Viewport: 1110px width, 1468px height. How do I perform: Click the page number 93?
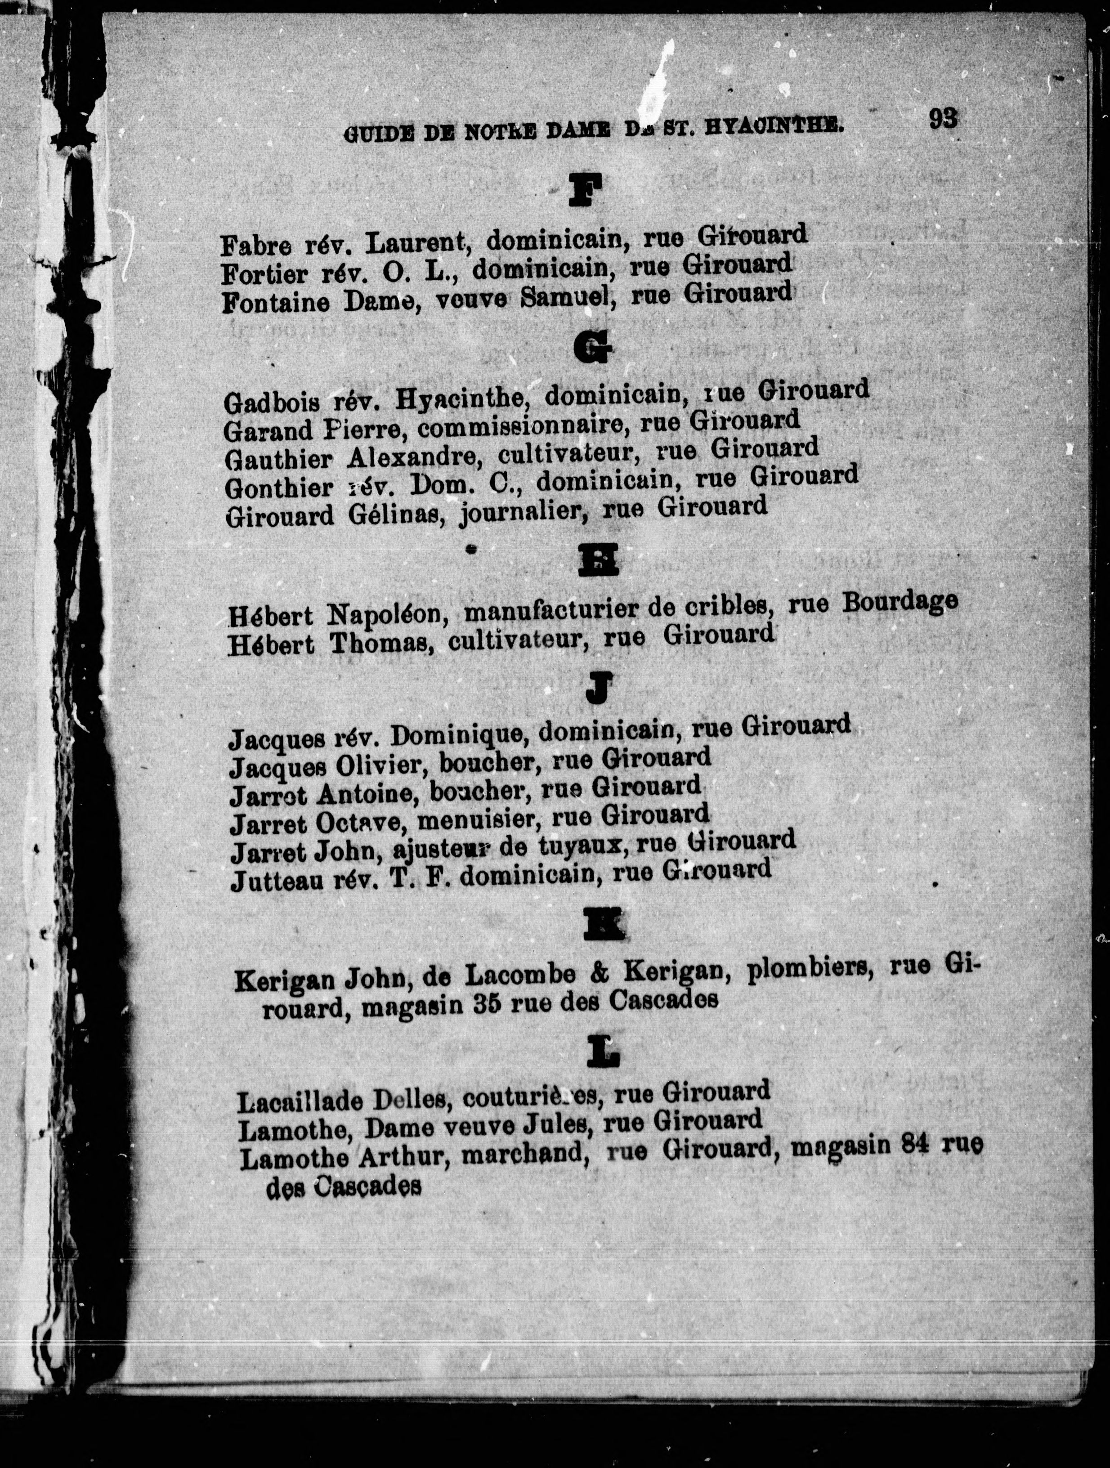943,118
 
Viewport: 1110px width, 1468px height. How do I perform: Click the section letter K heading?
602,923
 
